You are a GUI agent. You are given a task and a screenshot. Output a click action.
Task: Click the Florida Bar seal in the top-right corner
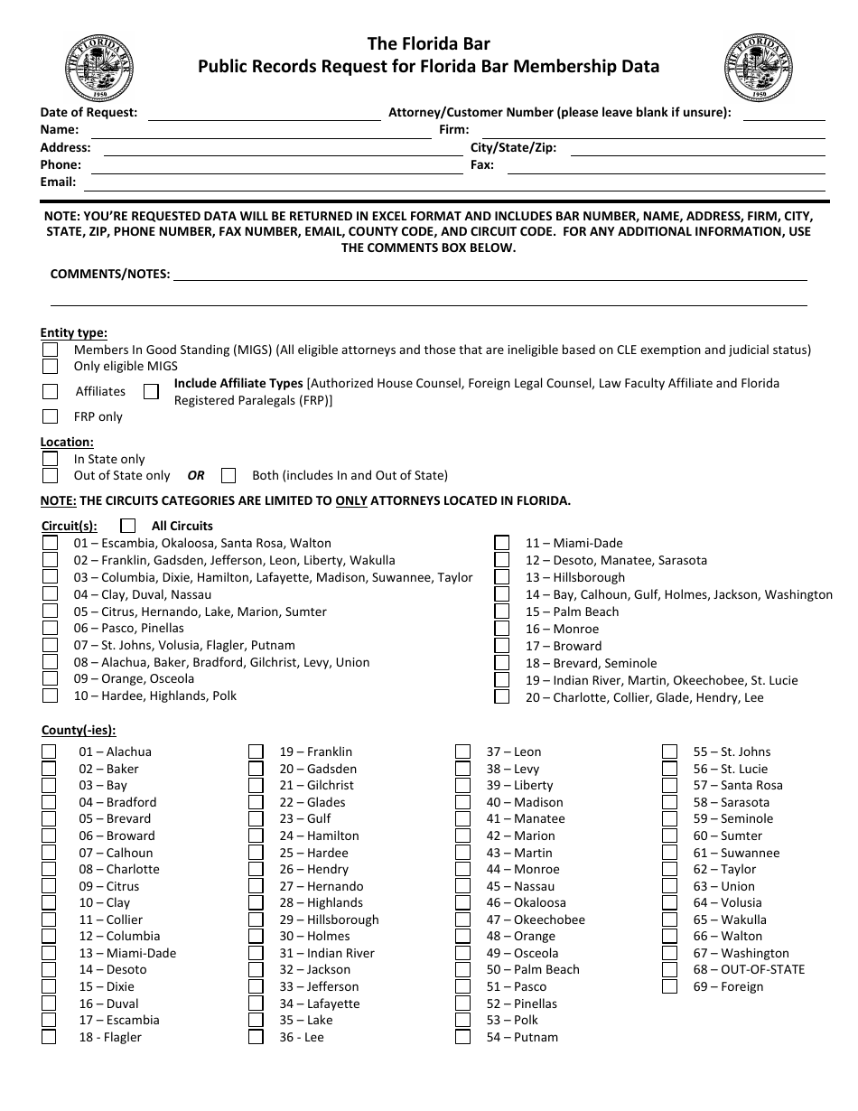(758, 68)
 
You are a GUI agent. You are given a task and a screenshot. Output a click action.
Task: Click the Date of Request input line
(264, 114)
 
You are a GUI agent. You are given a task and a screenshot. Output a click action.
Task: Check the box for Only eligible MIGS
(50, 367)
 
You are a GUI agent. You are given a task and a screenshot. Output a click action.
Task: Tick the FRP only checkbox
(50, 416)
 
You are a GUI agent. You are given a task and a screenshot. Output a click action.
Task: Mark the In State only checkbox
(50, 459)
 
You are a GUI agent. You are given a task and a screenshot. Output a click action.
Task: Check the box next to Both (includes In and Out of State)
(228, 475)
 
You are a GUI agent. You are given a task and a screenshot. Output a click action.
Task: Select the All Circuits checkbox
(128, 526)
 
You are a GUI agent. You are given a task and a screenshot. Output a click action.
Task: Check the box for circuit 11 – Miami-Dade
(501, 543)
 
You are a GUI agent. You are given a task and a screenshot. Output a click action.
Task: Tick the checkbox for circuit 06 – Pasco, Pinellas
(50, 628)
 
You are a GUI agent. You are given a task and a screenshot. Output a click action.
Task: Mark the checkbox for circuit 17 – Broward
(501, 646)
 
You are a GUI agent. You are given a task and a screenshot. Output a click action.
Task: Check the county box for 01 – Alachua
(49, 752)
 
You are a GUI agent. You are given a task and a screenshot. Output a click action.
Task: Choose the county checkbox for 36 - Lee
(256, 1037)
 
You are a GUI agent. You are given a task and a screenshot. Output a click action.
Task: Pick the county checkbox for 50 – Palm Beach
(462, 969)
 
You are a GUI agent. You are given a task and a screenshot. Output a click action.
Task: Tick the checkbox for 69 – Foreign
(669, 986)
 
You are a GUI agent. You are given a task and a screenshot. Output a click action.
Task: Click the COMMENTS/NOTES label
(109, 274)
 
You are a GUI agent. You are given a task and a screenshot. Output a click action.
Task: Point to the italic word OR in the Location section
(196, 475)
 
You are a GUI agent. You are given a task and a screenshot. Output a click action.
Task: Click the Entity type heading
(73, 333)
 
